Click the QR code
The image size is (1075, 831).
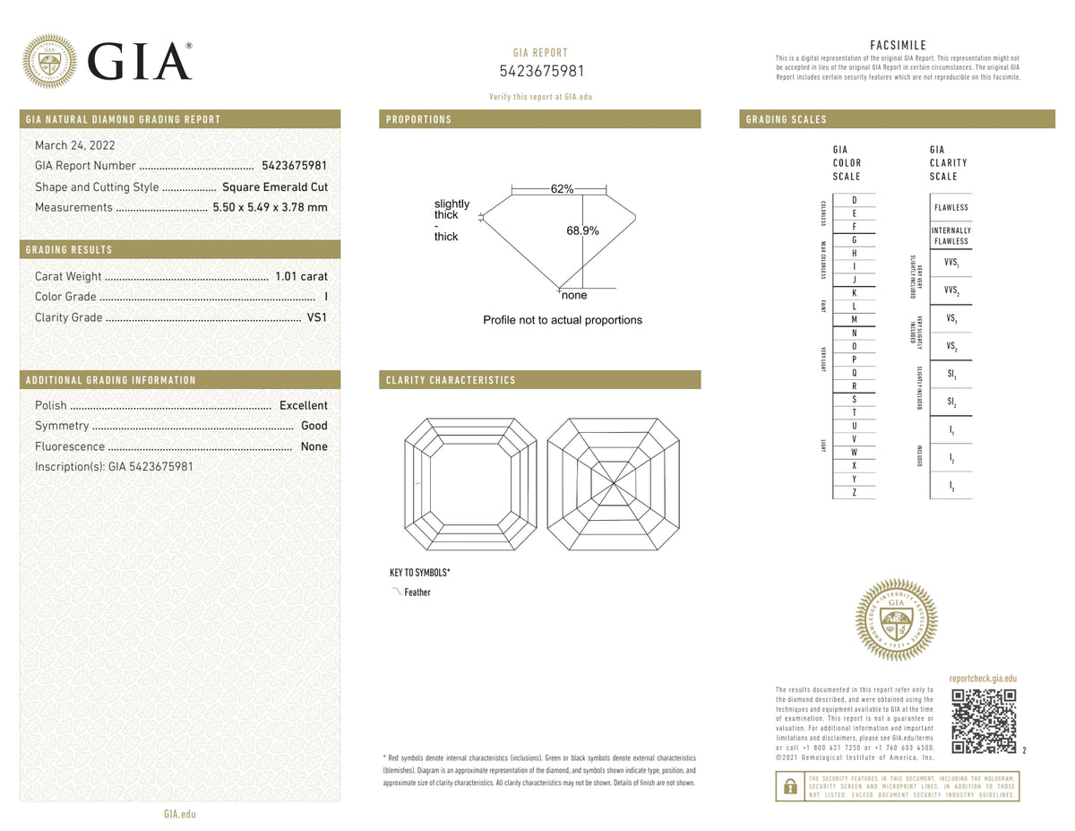(x=983, y=721)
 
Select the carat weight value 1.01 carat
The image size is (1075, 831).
(x=301, y=276)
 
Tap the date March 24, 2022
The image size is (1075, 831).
(x=74, y=145)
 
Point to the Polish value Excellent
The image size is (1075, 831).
(x=303, y=405)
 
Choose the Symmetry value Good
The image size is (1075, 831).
(x=314, y=426)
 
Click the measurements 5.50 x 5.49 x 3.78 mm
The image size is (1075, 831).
(x=270, y=207)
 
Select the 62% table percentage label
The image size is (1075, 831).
(x=562, y=189)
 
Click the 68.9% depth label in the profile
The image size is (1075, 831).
(x=582, y=230)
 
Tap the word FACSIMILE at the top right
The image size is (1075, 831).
(x=898, y=45)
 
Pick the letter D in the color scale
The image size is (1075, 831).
(x=855, y=200)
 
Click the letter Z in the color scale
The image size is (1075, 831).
(x=855, y=492)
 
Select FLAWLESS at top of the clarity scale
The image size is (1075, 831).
(x=950, y=207)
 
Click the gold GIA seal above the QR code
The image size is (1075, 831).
(x=896, y=619)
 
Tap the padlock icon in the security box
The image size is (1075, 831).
(x=789, y=786)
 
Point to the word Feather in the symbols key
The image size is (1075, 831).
(x=417, y=593)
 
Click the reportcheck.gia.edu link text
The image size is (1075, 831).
(x=983, y=680)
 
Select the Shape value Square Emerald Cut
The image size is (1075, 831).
(x=275, y=187)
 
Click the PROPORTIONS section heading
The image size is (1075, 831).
(x=418, y=119)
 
